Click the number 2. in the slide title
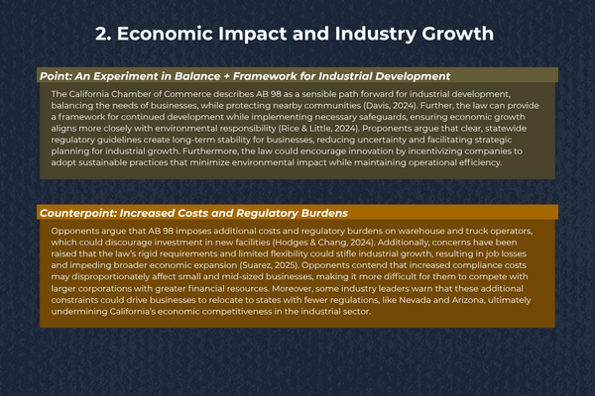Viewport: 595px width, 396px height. pyautogui.click(x=103, y=34)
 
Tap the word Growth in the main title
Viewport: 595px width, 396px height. pyautogui.click(x=458, y=34)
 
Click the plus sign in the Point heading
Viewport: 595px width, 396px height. pyautogui.click(x=226, y=76)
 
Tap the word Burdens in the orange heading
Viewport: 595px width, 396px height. pyautogui.click(x=324, y=213)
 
